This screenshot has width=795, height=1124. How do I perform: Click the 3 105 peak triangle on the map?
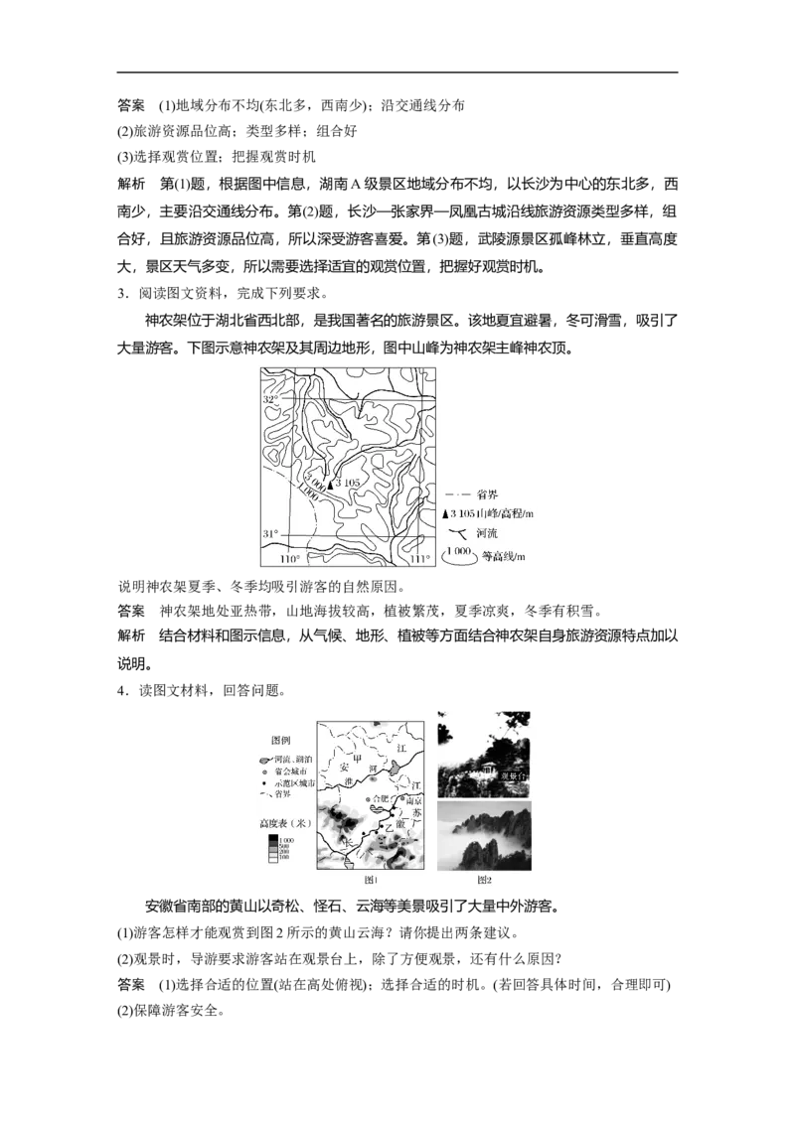coord(330,483)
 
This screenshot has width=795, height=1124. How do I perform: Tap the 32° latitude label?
coord(270,399)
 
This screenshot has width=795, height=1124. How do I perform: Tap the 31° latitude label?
coord(269,535)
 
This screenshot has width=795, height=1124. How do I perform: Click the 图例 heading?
coord(283,741)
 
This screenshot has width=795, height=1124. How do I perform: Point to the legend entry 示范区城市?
coord(295,783)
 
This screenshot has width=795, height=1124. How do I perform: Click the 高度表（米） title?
coord(285,823)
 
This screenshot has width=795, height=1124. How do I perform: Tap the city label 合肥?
coord(380,798)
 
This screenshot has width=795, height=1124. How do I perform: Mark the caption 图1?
coord(372,879)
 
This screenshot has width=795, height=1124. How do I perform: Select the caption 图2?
coord(484,879)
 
